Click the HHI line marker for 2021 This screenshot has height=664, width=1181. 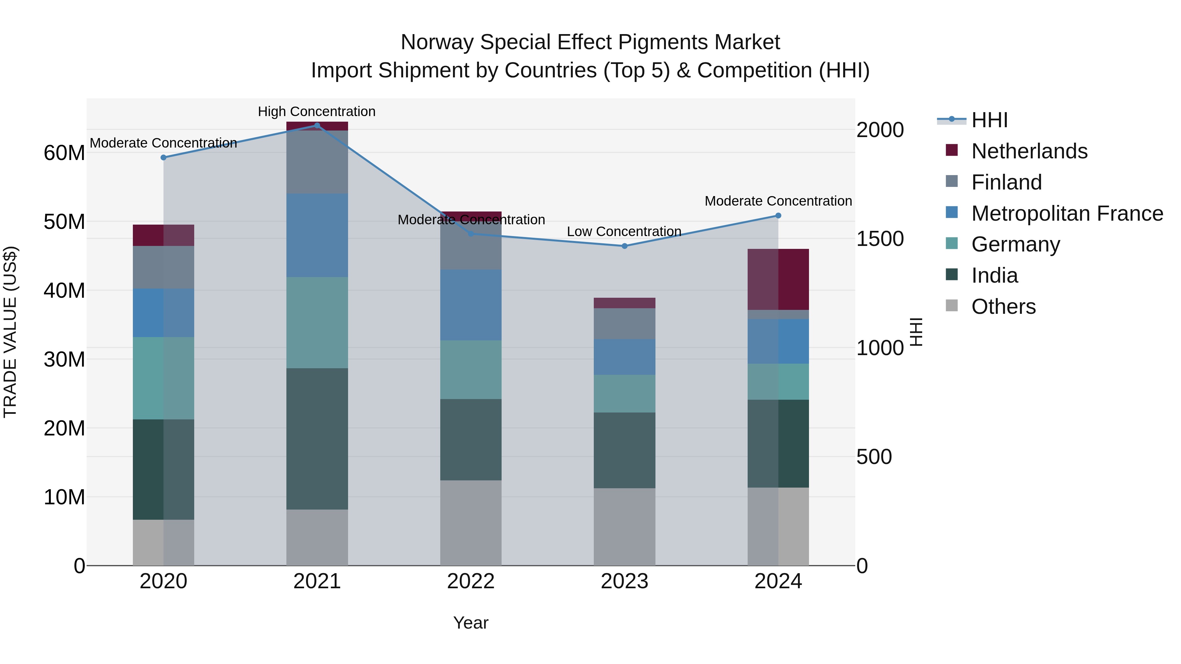(x=317, y=126)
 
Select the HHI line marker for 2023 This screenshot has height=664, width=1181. (x=624, y=246)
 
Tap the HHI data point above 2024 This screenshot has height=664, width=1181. (x=778, y=216)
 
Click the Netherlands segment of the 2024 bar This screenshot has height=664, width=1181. (x=778, y=279)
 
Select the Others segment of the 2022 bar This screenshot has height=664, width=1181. (x=471, y=523)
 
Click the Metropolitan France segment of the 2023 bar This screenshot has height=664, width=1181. (x=624, y=357)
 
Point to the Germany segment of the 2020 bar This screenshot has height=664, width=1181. (x=163, y=378)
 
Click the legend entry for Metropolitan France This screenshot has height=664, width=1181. (x=1067, y=213)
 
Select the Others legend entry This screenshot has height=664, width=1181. (x=1003, y=307)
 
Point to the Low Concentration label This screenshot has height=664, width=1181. (x=624, y=231)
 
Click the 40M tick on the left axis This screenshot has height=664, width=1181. (x=64, y=291)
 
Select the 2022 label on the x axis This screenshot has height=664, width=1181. (x=471, y=581)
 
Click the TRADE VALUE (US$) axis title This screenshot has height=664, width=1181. (x=10, y=332)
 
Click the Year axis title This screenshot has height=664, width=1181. (x=471, y=623)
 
